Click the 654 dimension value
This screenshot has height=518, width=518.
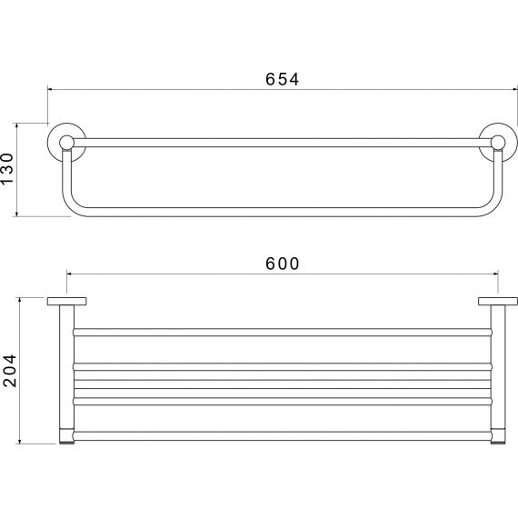tap(282, 79)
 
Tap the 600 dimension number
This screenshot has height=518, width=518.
tap(282, 264)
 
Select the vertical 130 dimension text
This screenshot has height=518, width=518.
tap(7, 169)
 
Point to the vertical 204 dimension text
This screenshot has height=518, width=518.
tap(10, 371)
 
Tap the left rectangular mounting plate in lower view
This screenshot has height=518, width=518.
tap(66, 302)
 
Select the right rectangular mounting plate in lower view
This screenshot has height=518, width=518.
tap(498, 302)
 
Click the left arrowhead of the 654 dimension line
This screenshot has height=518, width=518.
tap(50, 89)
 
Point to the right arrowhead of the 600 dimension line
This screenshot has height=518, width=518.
tap(496, 274)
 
